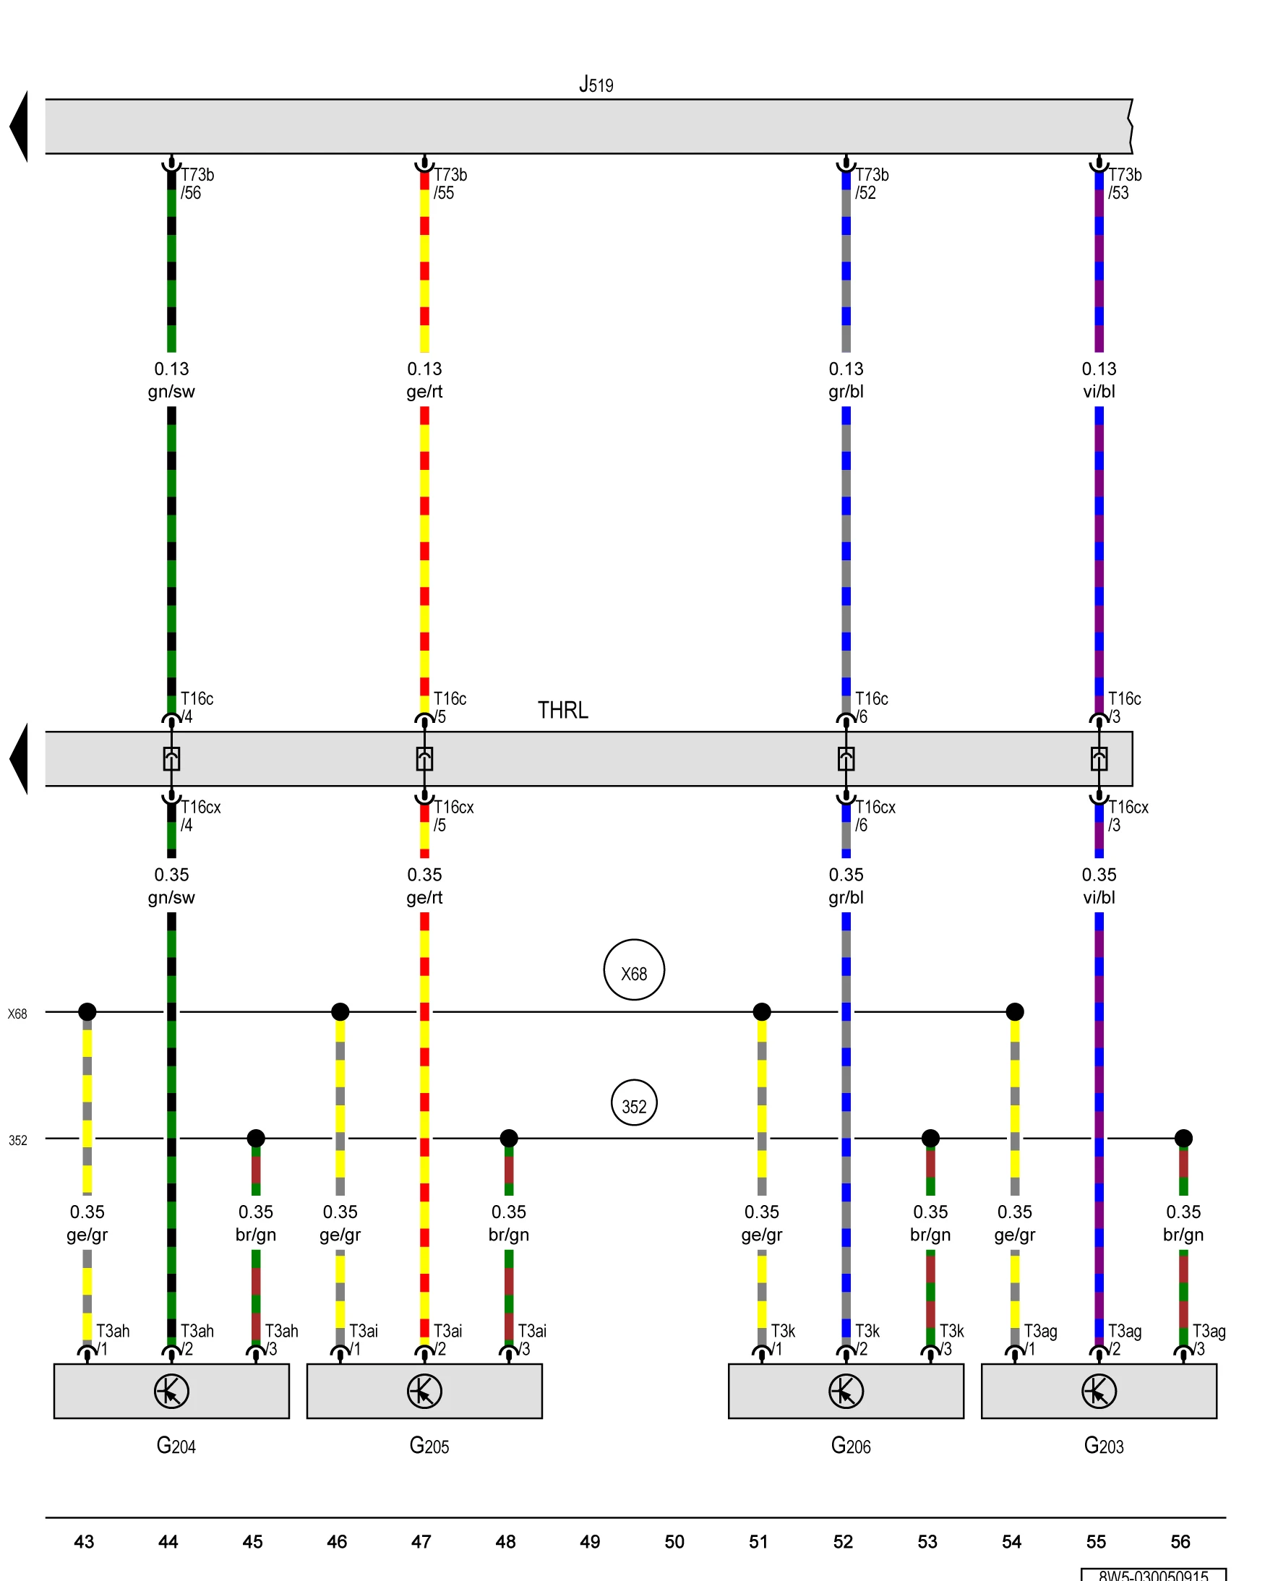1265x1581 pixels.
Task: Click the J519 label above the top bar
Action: (x=596, y=85)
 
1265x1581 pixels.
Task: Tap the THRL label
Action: (x=562, y=710)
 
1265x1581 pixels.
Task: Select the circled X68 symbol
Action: (x=634, y=969)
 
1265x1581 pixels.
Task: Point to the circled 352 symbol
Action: (x=634, y=1103)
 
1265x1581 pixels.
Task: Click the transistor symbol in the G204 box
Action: (x=171, y=1391)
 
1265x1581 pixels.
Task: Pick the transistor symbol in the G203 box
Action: (x=1099, y=1391)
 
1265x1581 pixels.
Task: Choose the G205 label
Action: (x=429, y=1446)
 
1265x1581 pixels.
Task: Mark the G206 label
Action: (x=851, y=1446)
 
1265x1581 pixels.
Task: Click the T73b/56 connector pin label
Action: (x=197, y=184)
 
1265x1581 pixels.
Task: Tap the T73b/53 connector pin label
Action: (x=1124, y=184)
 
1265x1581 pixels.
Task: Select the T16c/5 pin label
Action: (x=449, y=707)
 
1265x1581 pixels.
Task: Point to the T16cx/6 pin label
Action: (x=874, y=815)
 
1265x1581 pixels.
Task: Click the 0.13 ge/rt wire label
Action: (x=424, y=380)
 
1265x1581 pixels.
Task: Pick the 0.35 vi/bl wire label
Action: (x=1099, y=886)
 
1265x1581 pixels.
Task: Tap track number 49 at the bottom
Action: (x=590, y=1541)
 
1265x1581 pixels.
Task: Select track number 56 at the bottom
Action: (x=1180, y=1541)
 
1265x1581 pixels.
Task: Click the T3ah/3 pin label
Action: (x=281, y=1339)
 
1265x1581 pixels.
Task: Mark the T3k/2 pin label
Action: (x=866, y=1339)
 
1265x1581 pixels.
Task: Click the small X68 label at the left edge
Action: (x=17, y=1014)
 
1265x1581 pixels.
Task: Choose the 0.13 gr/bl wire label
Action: (x=846, y=380)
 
